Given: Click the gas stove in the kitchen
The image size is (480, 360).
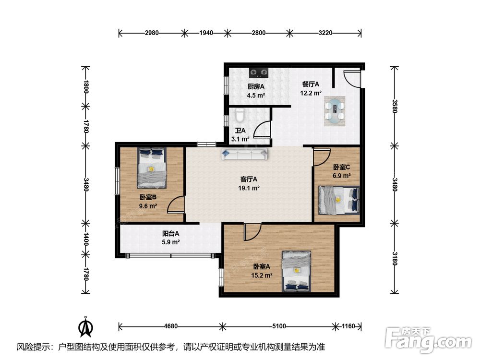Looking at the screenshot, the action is [x=259, y=72].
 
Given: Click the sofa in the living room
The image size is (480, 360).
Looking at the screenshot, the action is [x=245, y=154].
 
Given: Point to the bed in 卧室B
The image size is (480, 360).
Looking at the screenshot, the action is [x=152, y=168].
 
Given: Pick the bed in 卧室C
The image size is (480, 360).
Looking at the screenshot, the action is [x=338, y=200].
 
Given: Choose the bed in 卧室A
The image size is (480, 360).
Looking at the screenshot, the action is [x=296, y=271].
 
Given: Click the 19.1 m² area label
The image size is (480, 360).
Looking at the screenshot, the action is [x=249, y=188].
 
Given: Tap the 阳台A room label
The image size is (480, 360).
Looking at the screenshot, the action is [x=170, y=234].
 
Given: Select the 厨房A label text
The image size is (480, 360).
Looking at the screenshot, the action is [x=256, y=86].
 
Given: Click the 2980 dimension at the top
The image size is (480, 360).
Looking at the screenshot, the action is [x=152, y=33].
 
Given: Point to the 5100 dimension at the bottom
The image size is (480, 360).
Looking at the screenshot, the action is [x=279, y=326].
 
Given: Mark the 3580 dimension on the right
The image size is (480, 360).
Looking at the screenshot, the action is [x=395, y=106].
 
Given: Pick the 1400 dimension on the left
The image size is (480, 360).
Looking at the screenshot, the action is [x=86, y=239].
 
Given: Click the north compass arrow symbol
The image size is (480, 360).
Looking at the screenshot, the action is [x=86, y=327].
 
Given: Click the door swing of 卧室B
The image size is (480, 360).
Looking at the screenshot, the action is [x=176, y=204].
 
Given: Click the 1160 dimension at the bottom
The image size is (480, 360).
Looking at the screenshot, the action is [x=348, y=326].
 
